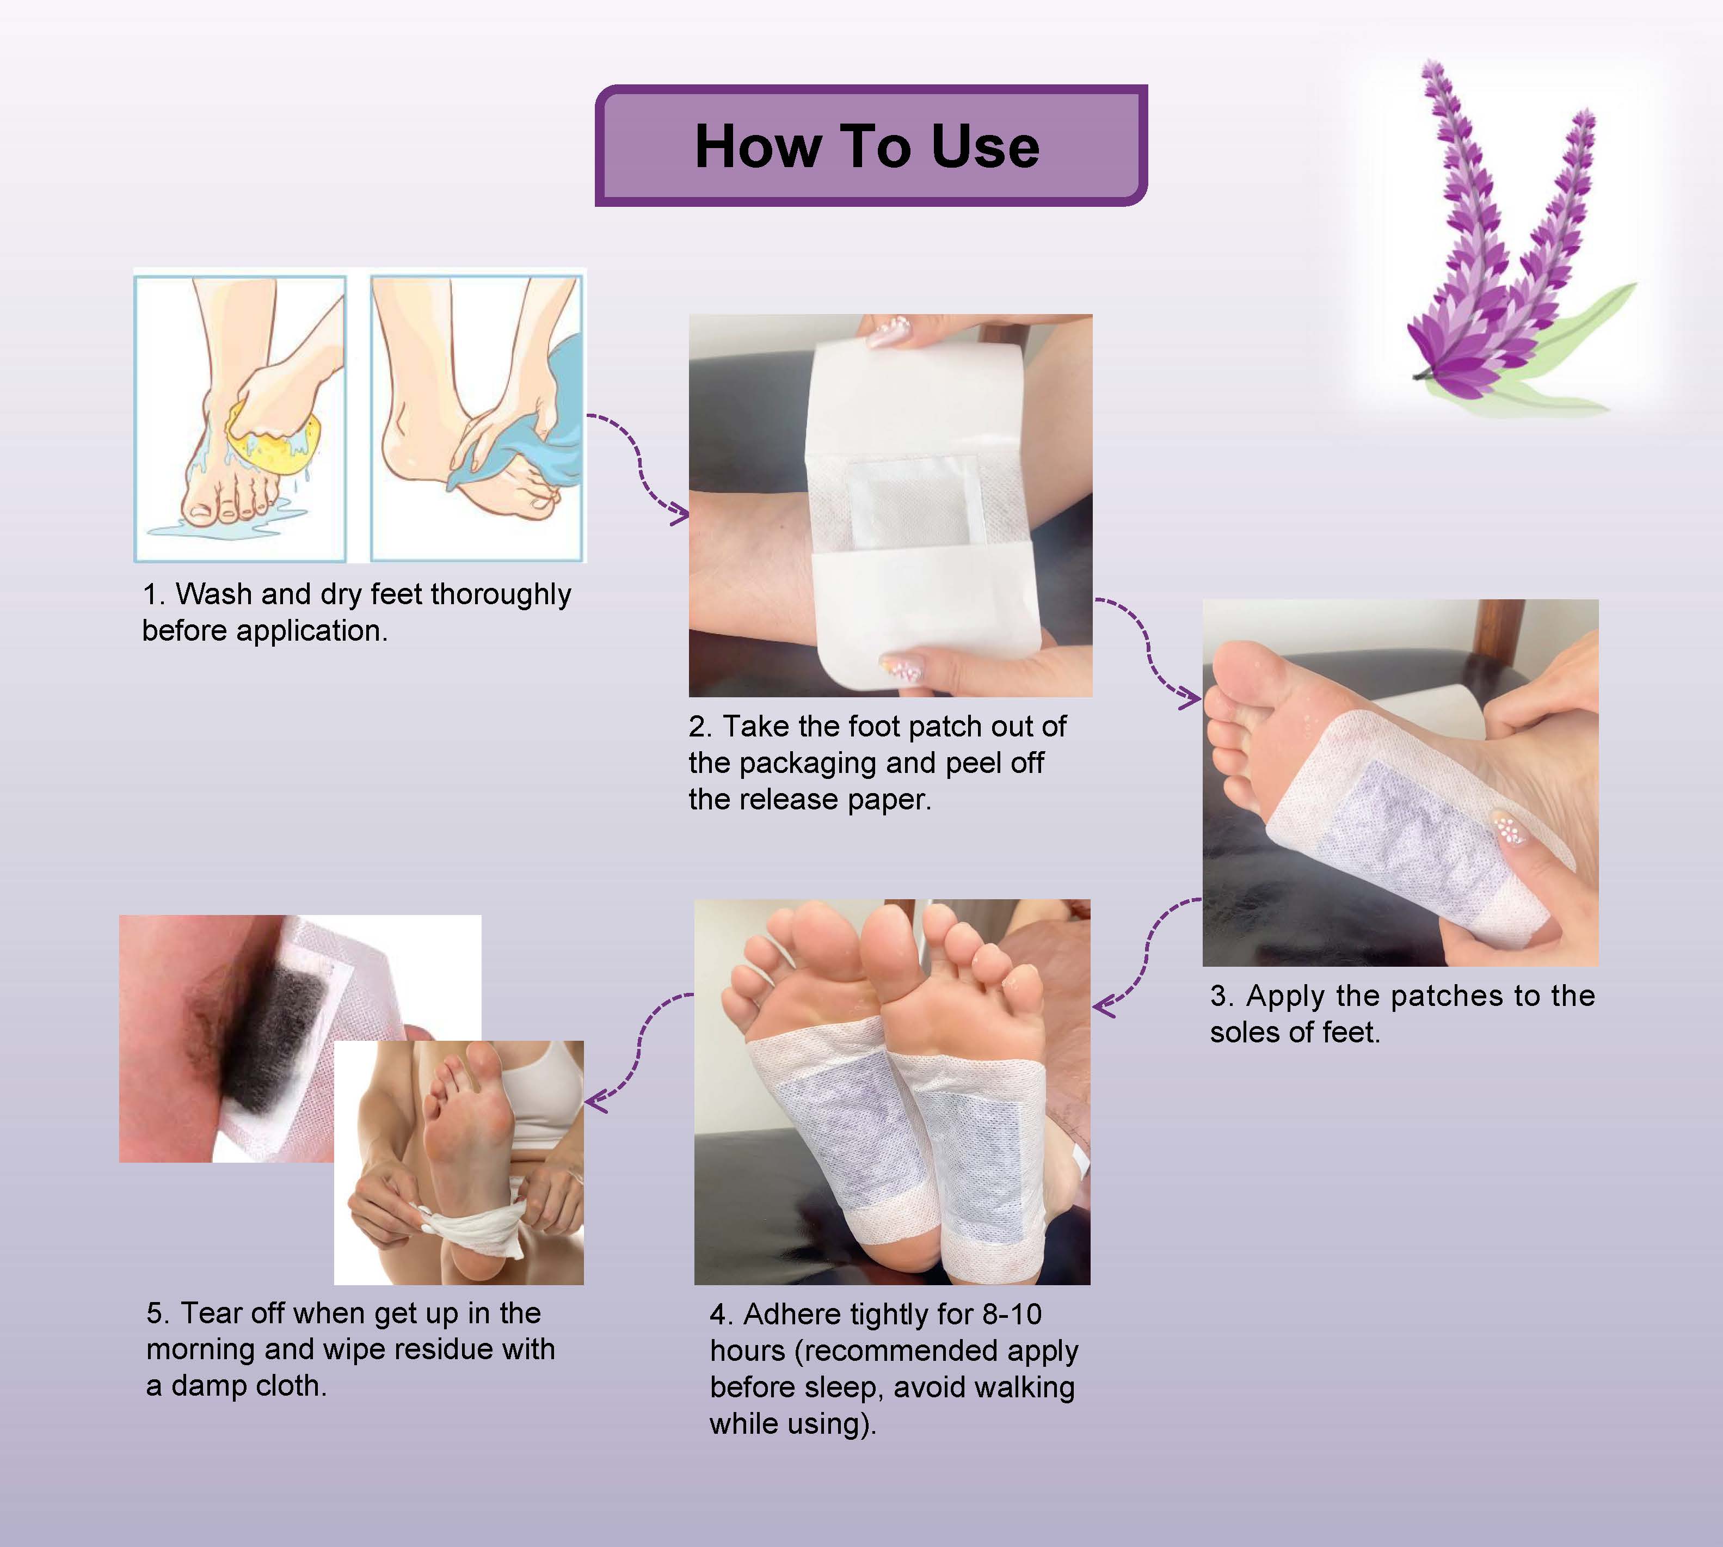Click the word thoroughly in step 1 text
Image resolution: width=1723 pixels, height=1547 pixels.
pos(501,595)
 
